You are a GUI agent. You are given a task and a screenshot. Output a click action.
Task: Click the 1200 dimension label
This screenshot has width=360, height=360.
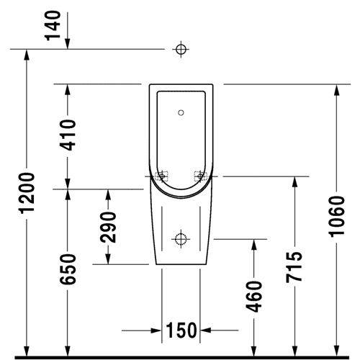[27, 193]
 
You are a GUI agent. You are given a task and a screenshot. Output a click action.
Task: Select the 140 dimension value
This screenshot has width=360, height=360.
[53, 25]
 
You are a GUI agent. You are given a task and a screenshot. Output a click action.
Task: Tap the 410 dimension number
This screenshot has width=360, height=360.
[68, 135]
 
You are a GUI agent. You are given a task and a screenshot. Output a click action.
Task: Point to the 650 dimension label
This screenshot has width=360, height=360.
[68, 269]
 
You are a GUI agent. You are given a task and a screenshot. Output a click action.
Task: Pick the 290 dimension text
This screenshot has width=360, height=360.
[108, 227]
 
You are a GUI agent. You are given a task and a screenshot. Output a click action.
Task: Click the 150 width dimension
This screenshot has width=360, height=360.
[181, 330]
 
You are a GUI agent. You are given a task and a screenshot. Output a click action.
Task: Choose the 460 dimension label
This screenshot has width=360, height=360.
[254, 297]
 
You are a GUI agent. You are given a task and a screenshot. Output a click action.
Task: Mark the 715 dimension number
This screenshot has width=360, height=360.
[294, 267]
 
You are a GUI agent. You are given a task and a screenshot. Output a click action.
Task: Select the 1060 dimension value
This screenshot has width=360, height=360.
[337, 217]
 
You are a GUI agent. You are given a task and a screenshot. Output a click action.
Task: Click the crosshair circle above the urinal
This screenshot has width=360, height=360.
[181, 49]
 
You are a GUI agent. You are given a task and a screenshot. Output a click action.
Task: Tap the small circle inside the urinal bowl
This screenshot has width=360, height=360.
[181, 112]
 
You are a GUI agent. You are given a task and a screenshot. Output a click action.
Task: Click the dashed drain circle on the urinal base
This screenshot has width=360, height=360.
[181, 239]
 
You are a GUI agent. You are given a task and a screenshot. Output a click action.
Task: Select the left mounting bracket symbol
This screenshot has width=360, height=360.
[162, 176]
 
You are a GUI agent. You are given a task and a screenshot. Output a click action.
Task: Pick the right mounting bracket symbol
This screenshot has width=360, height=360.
[200, 176]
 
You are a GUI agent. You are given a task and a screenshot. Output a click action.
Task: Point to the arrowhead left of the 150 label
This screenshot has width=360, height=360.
[156, 330]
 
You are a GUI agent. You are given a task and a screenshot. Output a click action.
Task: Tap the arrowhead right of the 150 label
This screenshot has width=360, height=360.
[206, 330]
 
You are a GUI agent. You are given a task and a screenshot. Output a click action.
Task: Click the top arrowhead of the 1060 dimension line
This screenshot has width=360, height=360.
[337, 90]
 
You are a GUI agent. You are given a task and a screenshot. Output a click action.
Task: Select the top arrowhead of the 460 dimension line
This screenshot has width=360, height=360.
[254, 245]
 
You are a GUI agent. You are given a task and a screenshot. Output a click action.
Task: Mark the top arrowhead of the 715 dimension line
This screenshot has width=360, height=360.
[294, 182]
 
